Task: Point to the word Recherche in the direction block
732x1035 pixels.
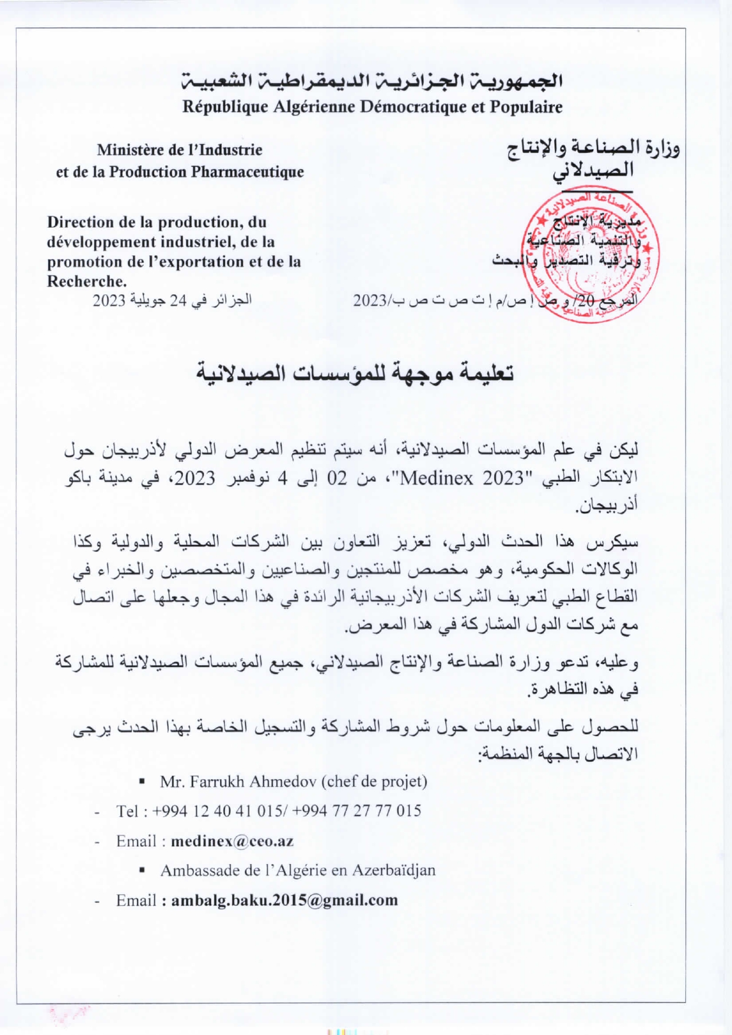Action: point(86,281)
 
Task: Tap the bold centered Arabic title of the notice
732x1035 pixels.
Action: point(355,374)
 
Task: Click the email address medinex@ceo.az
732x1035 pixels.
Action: point(232,842)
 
